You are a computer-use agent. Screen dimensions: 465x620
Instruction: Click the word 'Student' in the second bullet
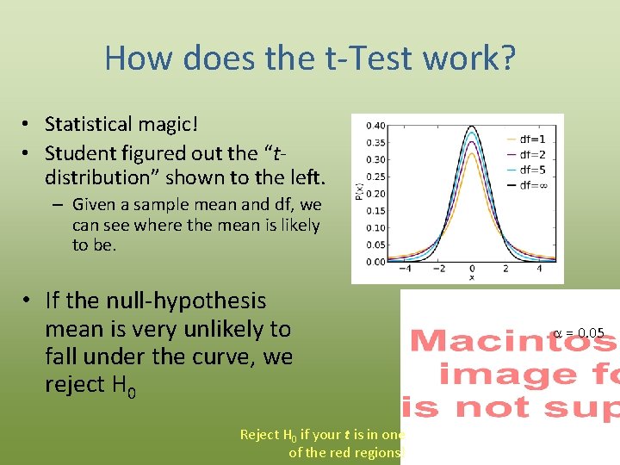click(79, 153)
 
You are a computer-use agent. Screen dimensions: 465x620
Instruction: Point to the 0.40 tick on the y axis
click(375, 126)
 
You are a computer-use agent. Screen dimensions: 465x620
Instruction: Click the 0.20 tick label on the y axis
click(375, 194)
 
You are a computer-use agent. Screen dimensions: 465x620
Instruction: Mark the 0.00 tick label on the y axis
click(375, 262)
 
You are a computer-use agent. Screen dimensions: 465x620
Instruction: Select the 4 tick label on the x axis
click(539, 269)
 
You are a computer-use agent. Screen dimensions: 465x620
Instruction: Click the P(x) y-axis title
click(359, 194)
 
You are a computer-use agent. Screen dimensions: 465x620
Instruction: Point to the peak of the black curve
click(471, 127)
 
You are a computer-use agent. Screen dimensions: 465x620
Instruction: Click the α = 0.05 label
click(579, 332)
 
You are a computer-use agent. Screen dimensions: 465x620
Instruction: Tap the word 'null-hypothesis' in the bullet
click(186, 301)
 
